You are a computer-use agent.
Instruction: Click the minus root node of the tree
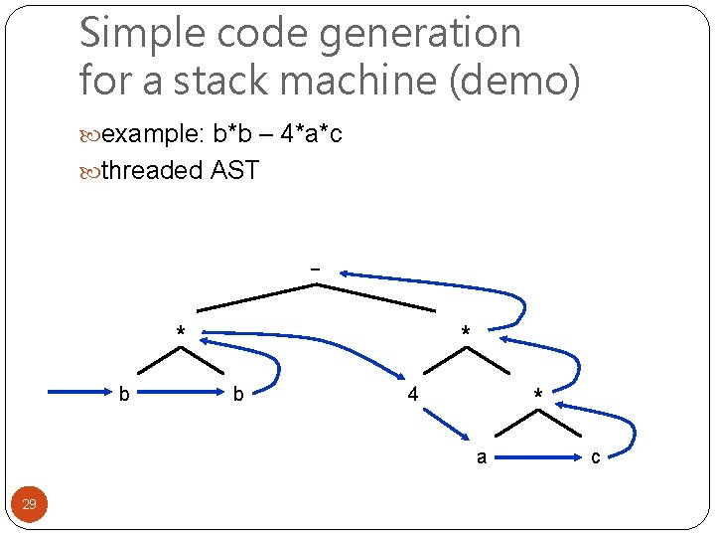coord(316,268)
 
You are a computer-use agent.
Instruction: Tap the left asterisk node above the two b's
coord(180,332)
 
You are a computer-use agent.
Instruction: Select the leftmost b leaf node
coord(123,395)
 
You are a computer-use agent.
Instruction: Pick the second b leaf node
coord(238,395)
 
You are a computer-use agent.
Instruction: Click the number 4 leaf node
coord(413,394)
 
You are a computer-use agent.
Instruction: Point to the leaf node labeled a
coord(482,458)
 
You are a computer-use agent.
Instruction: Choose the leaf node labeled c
coord(595,458)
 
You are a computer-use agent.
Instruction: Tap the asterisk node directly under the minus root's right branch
coord(465,332)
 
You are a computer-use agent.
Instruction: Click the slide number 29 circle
coord(30,504)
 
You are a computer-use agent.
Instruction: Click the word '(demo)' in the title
coord(514,80)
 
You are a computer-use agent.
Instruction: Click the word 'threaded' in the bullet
coord(151,171)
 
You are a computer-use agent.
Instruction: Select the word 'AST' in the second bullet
coord(234,171)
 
